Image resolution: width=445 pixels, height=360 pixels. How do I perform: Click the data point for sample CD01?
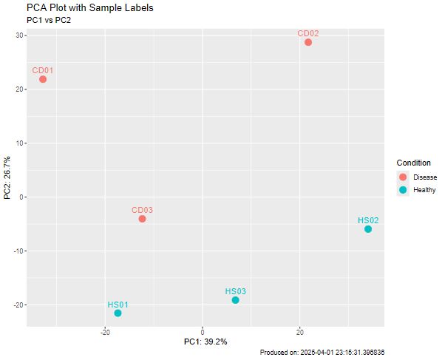tap(43, 79)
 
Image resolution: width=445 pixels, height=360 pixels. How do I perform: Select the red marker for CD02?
tap(308, 42)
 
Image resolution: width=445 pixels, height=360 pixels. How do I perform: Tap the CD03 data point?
tap(142, 219)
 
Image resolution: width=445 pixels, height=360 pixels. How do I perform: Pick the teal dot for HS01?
tap(118, 313)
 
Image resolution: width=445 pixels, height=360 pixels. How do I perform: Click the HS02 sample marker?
tap(368, 229)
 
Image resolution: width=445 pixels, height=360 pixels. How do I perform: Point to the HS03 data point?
tap(235, 300)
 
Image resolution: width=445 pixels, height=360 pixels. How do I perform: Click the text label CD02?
tap(308, 33)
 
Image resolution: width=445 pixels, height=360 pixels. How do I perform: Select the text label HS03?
tap(235, 291)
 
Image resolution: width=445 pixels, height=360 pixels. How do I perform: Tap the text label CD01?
tap(42, 70)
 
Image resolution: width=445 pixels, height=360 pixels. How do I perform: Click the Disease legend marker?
tap(403, 177)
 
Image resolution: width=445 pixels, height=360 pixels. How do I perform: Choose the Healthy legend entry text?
tap(424, 191)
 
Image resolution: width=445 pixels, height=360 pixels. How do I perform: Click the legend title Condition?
tap(413, 163)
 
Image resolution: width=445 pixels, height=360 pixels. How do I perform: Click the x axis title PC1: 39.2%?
tap(205, 342)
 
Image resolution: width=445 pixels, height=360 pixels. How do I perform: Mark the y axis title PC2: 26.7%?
tap(7, 177)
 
